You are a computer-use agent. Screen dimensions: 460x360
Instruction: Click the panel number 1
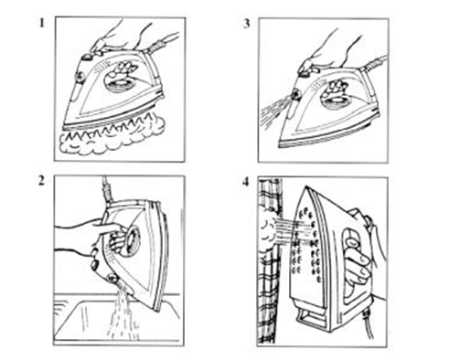[42, 23]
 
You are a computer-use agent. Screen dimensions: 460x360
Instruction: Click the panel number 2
[42, 181]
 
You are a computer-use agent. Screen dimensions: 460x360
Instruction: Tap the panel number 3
[247, 24]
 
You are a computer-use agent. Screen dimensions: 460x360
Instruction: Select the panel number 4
[246, 183]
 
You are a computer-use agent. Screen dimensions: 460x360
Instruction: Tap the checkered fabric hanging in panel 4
[269, 262]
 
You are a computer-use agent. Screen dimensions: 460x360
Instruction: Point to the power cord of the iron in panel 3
[374, 65]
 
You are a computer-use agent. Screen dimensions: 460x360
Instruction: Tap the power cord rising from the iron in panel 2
[107, 190]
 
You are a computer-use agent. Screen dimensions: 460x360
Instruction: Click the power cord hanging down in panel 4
[368, 324]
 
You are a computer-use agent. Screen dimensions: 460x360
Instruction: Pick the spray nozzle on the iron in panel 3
[295, 95]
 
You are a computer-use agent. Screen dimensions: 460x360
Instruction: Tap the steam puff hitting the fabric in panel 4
[270, 231]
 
